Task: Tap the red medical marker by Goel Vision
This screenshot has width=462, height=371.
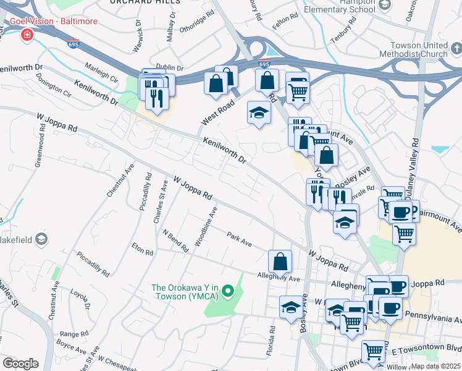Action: pos(27,35)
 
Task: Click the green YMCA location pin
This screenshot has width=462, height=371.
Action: pos(228,290)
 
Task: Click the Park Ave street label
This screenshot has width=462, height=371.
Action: pos(239,239)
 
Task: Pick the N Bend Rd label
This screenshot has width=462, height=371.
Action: pos(175,241)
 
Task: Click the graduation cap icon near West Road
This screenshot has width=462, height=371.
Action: pos(259,113)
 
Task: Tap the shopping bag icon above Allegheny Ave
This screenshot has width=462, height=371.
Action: pos(280,261)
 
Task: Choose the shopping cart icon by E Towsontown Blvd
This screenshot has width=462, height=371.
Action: pos(374,351)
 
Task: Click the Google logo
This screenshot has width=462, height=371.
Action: pos(20,364)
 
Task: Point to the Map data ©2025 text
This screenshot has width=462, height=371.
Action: pos(435,366)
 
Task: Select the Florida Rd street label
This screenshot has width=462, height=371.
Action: pos(271,336)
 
